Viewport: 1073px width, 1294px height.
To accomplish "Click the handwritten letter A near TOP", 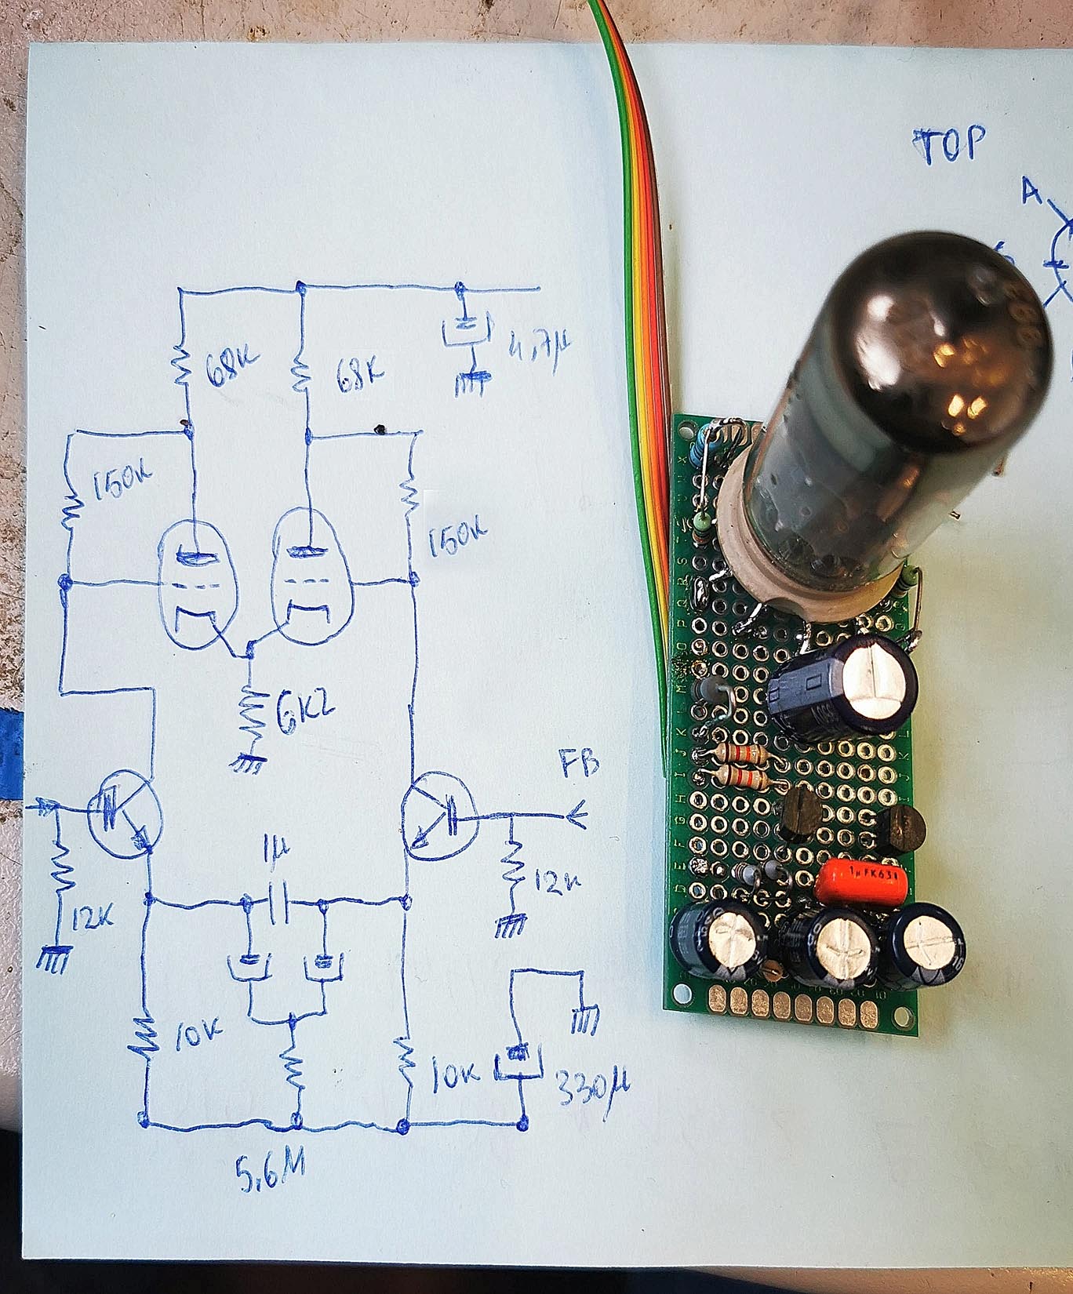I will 1031,191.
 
